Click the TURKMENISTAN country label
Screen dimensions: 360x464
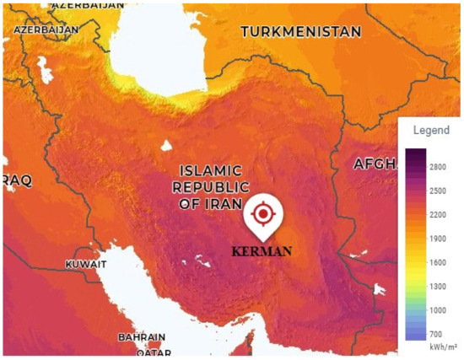(x=301, y=32)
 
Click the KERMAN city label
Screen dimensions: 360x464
(x=262, y=251)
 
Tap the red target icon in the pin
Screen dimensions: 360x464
(x=263, y=214)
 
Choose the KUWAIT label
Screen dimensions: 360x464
(x=86, y=265)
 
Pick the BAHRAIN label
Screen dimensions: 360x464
(x=141, y=336)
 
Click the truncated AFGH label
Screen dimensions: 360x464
(x=374, y=163)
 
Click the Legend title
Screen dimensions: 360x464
(x=431, y=131)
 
